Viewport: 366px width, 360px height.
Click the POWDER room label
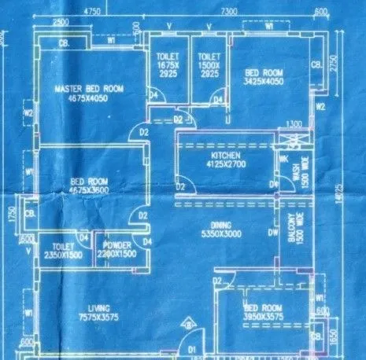[118, 244]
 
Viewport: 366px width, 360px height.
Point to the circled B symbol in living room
[185, 322]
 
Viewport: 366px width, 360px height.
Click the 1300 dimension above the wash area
[294, 124]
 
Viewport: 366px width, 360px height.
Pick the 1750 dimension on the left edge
[9, 215]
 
